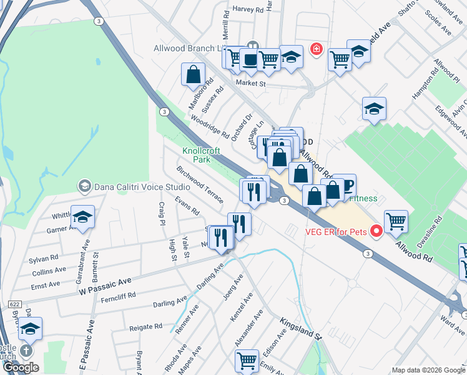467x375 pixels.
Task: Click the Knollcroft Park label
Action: [197, 155]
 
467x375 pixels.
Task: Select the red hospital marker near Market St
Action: [317, 49]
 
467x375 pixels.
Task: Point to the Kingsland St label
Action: [301, 327]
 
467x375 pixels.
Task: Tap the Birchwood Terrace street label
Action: [200, 184]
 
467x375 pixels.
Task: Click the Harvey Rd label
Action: [248, 9]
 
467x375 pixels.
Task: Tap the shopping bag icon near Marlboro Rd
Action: [194, 74]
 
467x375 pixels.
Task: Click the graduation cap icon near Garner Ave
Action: [82, 216]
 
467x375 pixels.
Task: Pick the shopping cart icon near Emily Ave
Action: [247, 360]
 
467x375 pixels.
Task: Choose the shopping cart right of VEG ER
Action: [396, 221]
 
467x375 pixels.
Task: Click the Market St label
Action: [250, 83]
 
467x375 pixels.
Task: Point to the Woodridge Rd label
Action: [210, 124]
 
